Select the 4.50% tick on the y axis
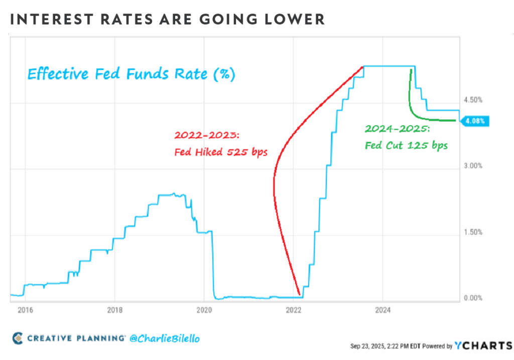point(473,100)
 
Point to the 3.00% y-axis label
point(473,166)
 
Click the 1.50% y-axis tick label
point(473,232)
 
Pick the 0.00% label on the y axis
point(473,298)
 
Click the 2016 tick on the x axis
point(25,310)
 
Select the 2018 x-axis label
point(115,310)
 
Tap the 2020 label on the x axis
point(204,310)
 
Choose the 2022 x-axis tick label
point(293,310)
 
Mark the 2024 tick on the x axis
point(383,310)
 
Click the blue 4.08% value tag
point(475,121)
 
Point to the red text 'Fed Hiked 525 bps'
point(221,152)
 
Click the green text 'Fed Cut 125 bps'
point(406,145)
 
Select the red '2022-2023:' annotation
point(207,135)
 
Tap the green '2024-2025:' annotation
point(398,129)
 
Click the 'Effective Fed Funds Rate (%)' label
point(132,74)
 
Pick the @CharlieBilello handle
point(165,339)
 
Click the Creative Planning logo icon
point(18,338)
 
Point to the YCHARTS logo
point(483,345)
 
